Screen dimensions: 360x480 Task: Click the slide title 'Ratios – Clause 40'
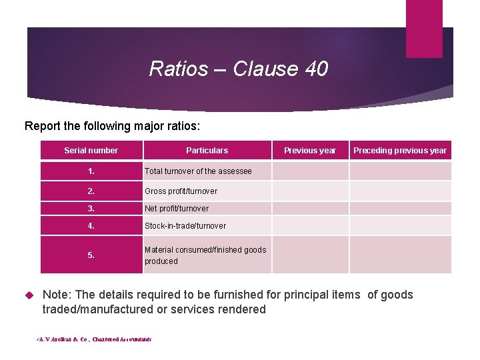(x=239, y=69)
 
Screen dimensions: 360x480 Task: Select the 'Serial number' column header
(x=91, y=151)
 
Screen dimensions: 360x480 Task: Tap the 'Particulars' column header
(x=207, y=151)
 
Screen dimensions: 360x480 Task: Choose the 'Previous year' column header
(x=309, y=151)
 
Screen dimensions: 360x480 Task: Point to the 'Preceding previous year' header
(x=400, y=151)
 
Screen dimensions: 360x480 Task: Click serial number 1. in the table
(x=91, y=171)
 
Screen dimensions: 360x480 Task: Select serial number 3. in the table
(x=91, y=209)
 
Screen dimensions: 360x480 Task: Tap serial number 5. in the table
(x=91, y=255)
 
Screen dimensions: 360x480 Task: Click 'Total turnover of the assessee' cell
(x=198, y=171)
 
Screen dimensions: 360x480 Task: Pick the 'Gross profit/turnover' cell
(x=181, y=191)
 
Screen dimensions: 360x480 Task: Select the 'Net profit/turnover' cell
(x=177, y=209)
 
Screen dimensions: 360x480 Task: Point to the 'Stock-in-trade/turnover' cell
(x=185, y=226)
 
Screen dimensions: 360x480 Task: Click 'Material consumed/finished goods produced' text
(x=205, y=255)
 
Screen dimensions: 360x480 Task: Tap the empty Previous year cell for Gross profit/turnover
(x=310, y=191)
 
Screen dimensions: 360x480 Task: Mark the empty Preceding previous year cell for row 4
(x=400, y=226)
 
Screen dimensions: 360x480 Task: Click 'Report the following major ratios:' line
(x=112, y=125)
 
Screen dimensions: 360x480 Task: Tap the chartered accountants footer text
(x=94, y=339)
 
